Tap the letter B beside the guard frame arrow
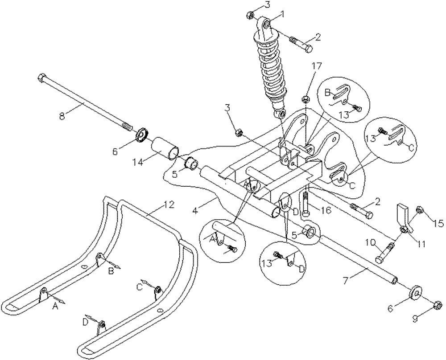pyautogui.click(x=111, y=271)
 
